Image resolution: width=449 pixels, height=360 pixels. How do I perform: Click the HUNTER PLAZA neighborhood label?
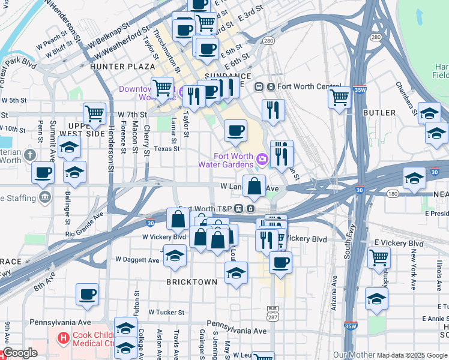(x=122, y=67)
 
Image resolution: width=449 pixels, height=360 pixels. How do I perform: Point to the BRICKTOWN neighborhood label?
(x=191, y=281)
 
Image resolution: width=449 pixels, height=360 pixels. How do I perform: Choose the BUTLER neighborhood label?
(x=379, y=113)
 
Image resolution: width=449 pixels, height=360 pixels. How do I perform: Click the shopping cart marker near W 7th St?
(x=95, y=113)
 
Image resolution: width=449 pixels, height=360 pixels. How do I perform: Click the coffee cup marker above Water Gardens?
(x=235, y=130)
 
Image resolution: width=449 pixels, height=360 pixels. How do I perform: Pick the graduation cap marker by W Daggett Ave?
(x=175, y=256)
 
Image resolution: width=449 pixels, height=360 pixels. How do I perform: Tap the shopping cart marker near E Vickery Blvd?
(x=379, y=257)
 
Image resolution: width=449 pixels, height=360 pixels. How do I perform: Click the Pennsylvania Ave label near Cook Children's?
(x=55, y=322)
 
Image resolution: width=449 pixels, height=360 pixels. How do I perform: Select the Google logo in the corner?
(x=20, y=353)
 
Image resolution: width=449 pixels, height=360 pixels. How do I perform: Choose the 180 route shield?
(x=393, y=194)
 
